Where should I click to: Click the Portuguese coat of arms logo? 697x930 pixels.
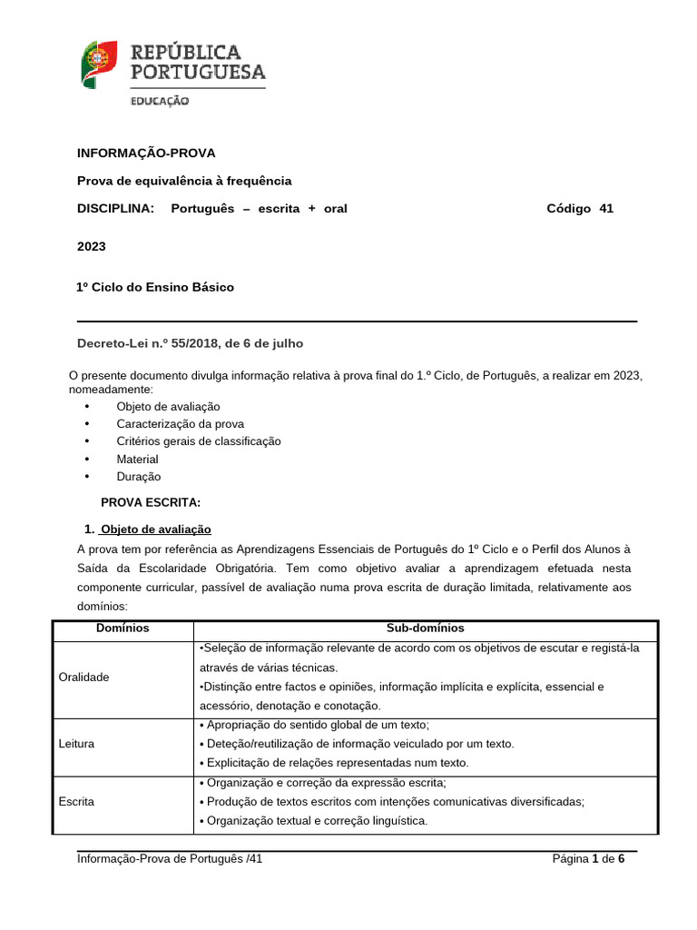100,64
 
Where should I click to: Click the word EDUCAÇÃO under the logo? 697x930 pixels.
160,102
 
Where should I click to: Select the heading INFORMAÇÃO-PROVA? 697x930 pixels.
146,153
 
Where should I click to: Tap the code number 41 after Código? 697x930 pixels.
605,208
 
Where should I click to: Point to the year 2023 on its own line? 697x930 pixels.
92,246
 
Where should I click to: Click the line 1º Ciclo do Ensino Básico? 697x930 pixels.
155,287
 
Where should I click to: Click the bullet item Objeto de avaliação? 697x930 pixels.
168,407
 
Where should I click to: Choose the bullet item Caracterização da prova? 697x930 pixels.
180,424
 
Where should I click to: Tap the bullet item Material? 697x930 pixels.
137,460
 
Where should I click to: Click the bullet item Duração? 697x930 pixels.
138,477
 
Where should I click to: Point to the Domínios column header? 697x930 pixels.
123,628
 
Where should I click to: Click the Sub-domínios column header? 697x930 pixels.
425,628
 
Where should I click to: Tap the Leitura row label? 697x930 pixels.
75,744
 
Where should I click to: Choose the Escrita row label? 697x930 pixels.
76,803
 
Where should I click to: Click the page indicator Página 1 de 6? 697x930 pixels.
588,857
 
